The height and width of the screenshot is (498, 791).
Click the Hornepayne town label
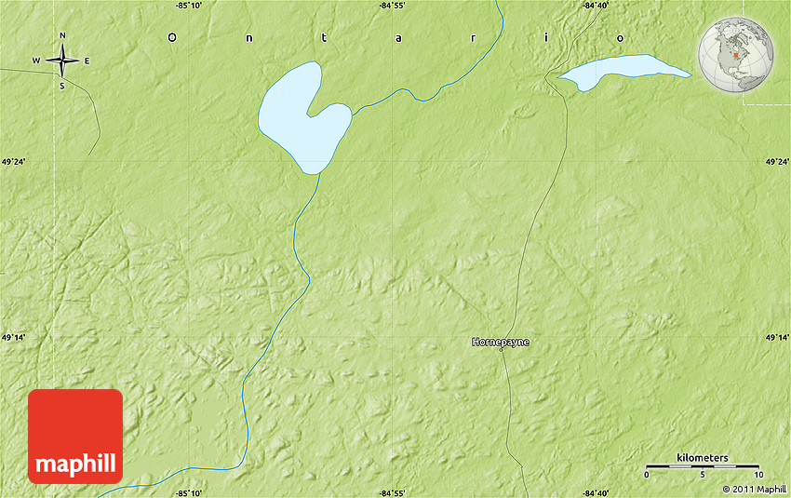pos(500,343)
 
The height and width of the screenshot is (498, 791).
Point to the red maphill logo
pos(75,437)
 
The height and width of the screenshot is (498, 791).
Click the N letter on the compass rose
pos(62,36)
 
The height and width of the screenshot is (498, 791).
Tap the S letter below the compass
pos(62,87)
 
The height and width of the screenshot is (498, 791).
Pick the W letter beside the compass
pos(36,61)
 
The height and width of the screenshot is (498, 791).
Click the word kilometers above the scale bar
pos(703,458)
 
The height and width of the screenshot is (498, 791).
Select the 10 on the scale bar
pos(758,475)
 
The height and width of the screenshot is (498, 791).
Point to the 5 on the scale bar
pos(703,475)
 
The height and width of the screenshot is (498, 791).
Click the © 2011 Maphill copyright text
pos(754,489)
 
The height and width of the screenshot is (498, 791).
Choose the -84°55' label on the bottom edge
pos(392,492)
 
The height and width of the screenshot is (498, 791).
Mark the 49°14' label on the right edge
pos(777,337)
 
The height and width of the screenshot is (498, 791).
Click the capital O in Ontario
pos(171,37)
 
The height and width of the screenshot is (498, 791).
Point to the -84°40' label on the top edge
pos(595,6)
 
